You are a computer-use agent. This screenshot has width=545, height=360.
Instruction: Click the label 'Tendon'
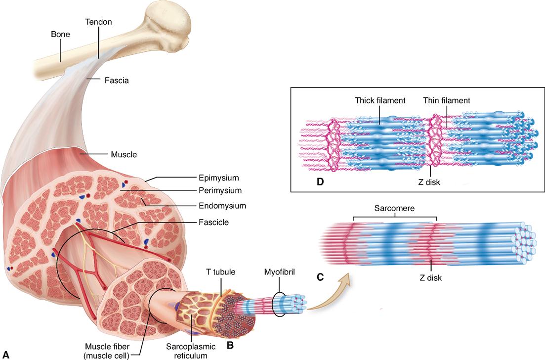(x=98, y=22)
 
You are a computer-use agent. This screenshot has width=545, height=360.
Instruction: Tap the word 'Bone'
(x=61, y=35)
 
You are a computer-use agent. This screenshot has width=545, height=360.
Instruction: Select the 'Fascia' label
(x=117, y=79)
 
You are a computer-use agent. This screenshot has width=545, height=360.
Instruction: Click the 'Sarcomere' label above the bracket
(x=395, y=209)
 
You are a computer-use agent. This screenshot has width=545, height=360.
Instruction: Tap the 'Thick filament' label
(x=380, y=100)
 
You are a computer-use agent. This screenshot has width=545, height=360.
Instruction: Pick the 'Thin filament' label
(x=446, y=100)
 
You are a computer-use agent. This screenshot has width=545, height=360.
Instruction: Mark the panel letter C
(x=320, y=277)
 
